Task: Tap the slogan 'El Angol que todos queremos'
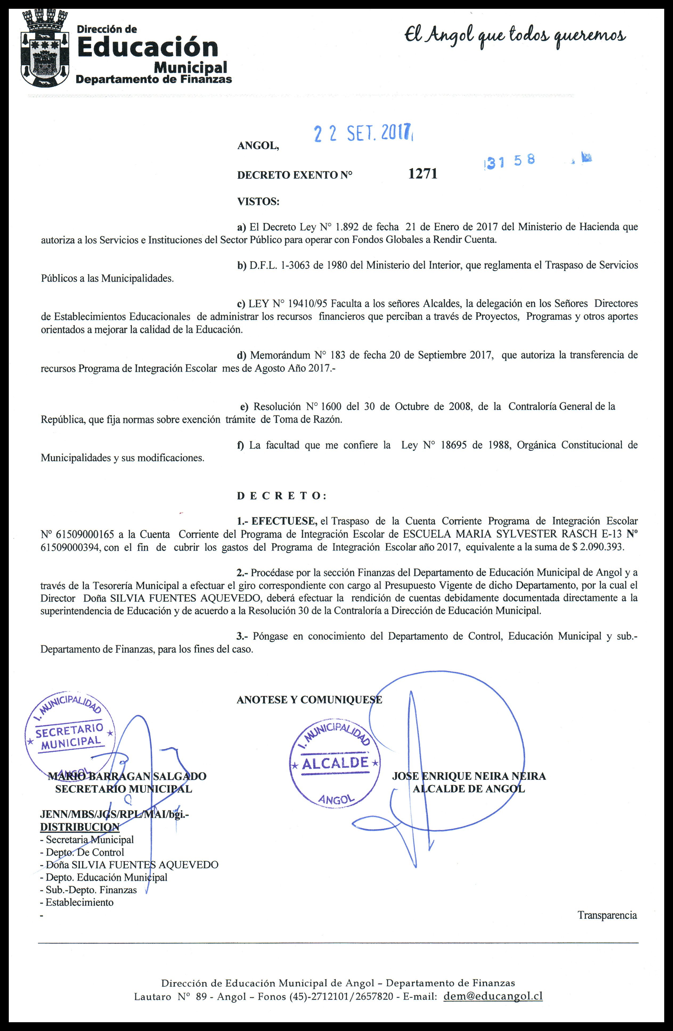(x=515, y=36)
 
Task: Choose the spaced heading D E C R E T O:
(x=282, y=496)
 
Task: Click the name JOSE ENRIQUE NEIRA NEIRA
(x=468, y=776)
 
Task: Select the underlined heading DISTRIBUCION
(x=80, y=827)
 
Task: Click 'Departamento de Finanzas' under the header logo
(x=154, y=79)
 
